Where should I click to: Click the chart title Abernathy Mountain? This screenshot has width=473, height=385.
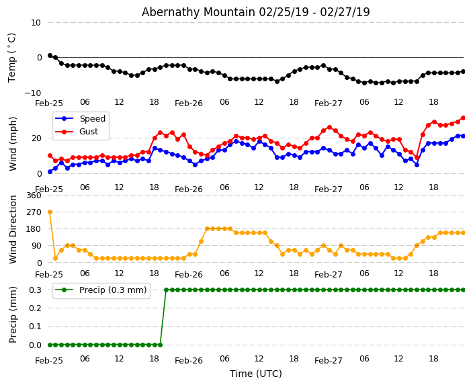pos(255,12)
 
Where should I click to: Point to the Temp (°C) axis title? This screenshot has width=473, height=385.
pos(12,57)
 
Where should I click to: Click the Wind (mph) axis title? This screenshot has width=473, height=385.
pos(13,143)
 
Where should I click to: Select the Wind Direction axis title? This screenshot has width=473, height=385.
pos(13,229)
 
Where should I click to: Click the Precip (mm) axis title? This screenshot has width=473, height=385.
pos(13,314)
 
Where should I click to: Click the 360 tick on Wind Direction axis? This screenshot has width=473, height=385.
pos(33,196)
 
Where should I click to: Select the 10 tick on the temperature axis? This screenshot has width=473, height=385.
pos(36,23)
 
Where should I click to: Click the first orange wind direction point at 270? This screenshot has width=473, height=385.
pos(50,212)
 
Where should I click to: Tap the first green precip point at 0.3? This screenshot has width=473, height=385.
pos(166,290)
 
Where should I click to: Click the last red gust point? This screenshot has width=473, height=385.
pos(463,118)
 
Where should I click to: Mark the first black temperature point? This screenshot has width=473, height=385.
pos(50,55)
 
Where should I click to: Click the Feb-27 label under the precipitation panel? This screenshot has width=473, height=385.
pos(329,361)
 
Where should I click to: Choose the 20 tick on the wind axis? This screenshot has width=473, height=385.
pos(36,138)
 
